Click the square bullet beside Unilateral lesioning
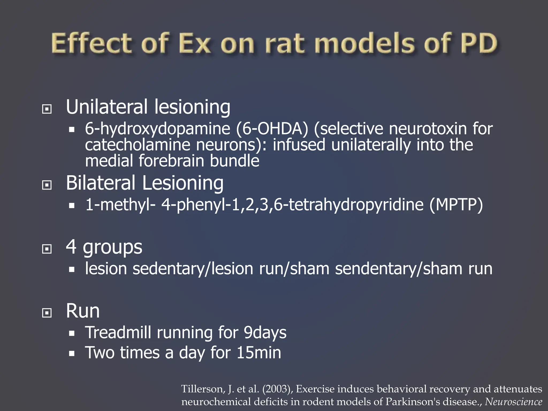pos(47,109)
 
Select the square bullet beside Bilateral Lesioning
pos(47,185)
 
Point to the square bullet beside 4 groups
pos(47,249)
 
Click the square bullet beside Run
pos(47,313)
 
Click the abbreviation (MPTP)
pos(456,205)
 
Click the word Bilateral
pos(100,183)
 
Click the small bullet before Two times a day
pos(71,354)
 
